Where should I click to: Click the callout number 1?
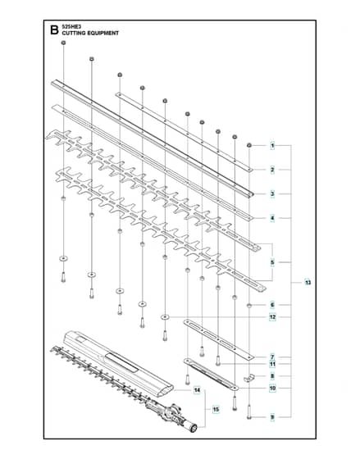click(272, 146)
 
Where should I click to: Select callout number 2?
click(272, 170)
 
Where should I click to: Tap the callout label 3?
click(272, 193)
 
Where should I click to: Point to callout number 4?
click(272, 218)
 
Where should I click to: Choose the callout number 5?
click(272, 262)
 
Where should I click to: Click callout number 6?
click(272, 305)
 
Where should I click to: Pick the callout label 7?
click(272, 357)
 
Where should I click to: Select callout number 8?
click(272, 376)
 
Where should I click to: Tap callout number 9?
click(272, 417)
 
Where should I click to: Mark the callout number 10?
click(272, 389)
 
